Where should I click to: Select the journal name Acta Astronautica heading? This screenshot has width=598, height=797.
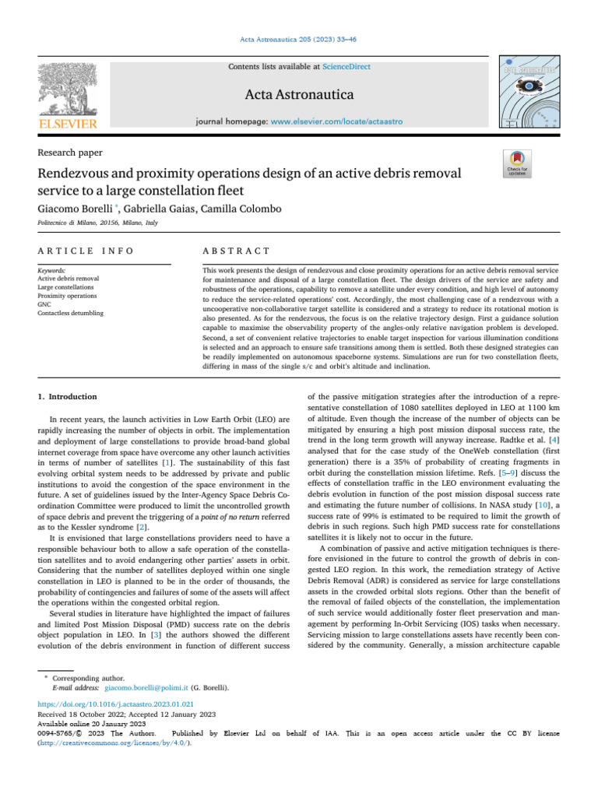(299, 95)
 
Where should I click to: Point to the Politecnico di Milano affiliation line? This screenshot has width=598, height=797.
(97, 223)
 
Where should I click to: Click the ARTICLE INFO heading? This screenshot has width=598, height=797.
(86, 251)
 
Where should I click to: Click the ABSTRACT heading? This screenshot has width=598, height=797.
(236, 251)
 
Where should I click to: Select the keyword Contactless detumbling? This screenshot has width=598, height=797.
(74, 312)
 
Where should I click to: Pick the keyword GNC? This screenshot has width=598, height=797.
(45, 304)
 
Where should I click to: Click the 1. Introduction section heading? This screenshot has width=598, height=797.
(68, 397)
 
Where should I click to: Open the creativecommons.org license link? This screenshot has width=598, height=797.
(114, 742)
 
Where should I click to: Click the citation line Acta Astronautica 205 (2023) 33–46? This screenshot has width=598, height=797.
(298, 40)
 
